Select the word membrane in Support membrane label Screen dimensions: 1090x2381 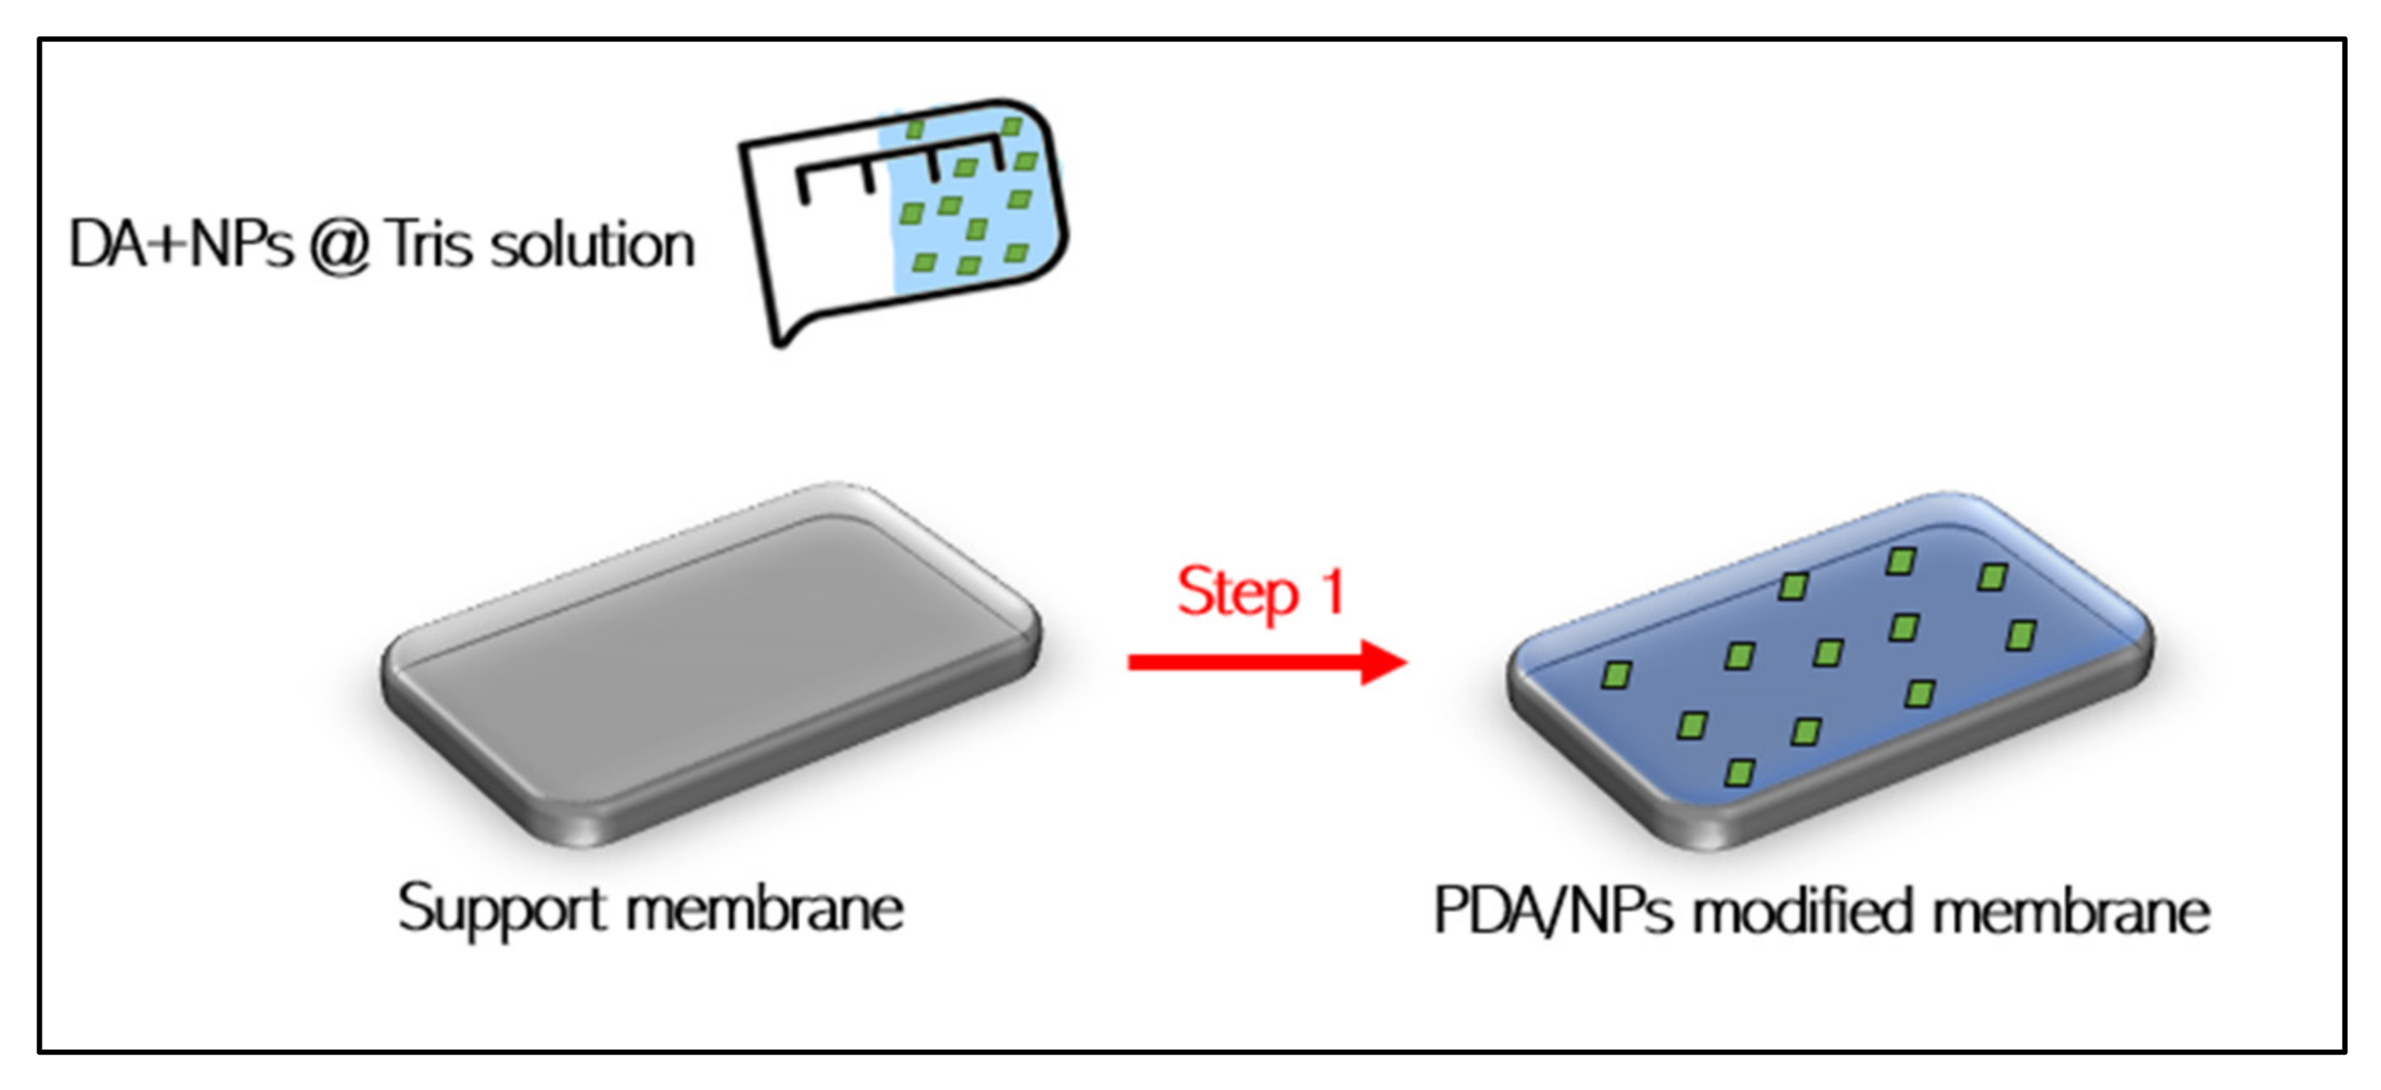pyautogui.click(x=765, y=910)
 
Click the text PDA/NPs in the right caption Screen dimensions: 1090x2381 pyautogui.click(x=1552, y=912)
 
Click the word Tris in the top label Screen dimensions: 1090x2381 pyautogui.click(x=429, y=245)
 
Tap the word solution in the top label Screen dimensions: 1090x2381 pyautogui.click(x=592, y=245)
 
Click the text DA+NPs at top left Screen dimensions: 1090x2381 pyautogui.click(x=181, y=245)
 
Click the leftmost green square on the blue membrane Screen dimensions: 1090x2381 pyautogui.click(x=1615, y=675)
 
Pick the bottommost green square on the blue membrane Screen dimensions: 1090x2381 pyautogui.click(x=1739, y=772)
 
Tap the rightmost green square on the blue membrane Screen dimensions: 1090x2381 pyautogui.click(x=2021, y=635)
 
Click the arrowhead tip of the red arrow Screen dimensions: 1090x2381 pyautogui.click(x=1403, y=662)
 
